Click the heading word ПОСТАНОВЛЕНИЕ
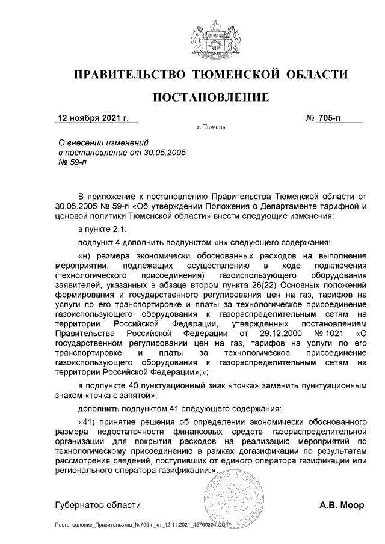tap(210, 97)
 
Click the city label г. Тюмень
tap(211, 128)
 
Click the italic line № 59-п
tap(72, 163)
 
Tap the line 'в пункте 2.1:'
tap(103, 230)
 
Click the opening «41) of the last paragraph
tap(90, 421)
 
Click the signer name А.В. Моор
tap(342, 505)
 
